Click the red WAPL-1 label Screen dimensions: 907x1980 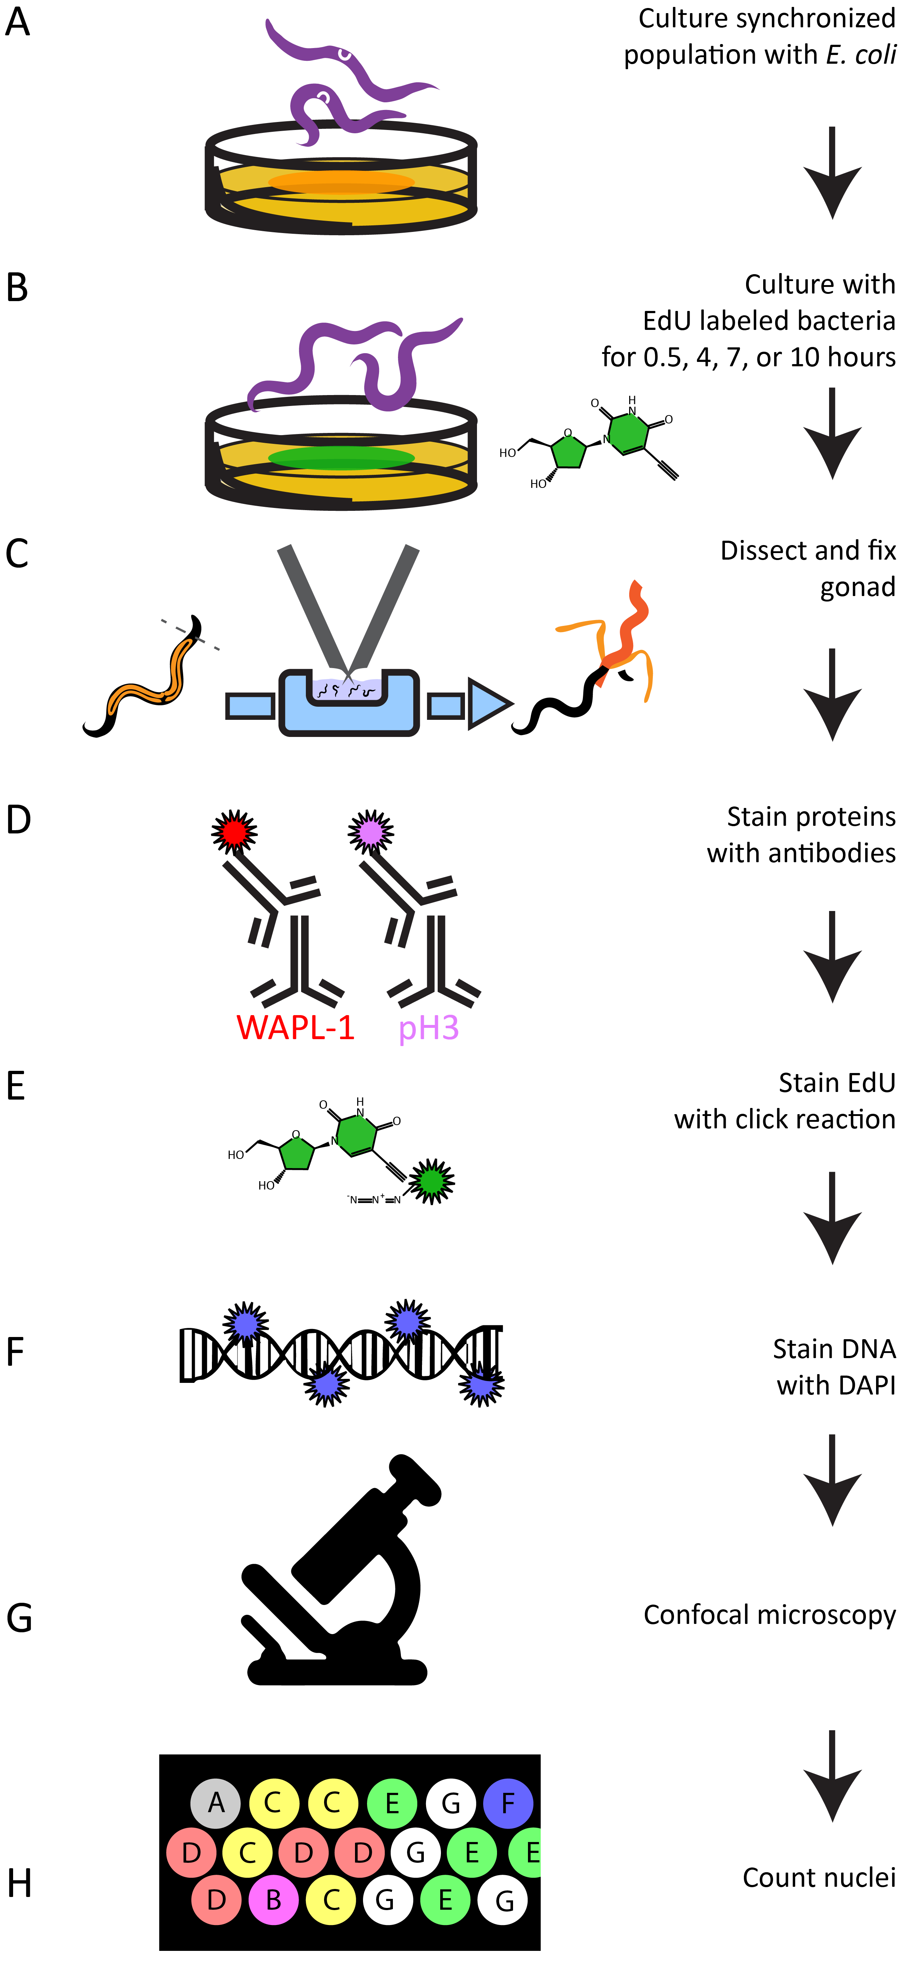coord(295,1028)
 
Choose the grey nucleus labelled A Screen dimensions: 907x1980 coord(216,1802)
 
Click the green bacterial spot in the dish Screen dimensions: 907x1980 coord(341,458)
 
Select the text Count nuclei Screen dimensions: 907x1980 coord(819,1878)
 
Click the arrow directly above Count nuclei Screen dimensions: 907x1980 coord(832,1775)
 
